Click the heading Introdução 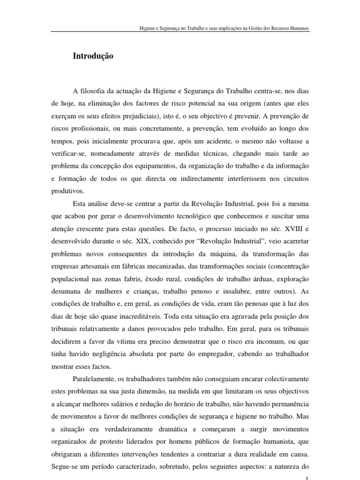coord(93,56)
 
